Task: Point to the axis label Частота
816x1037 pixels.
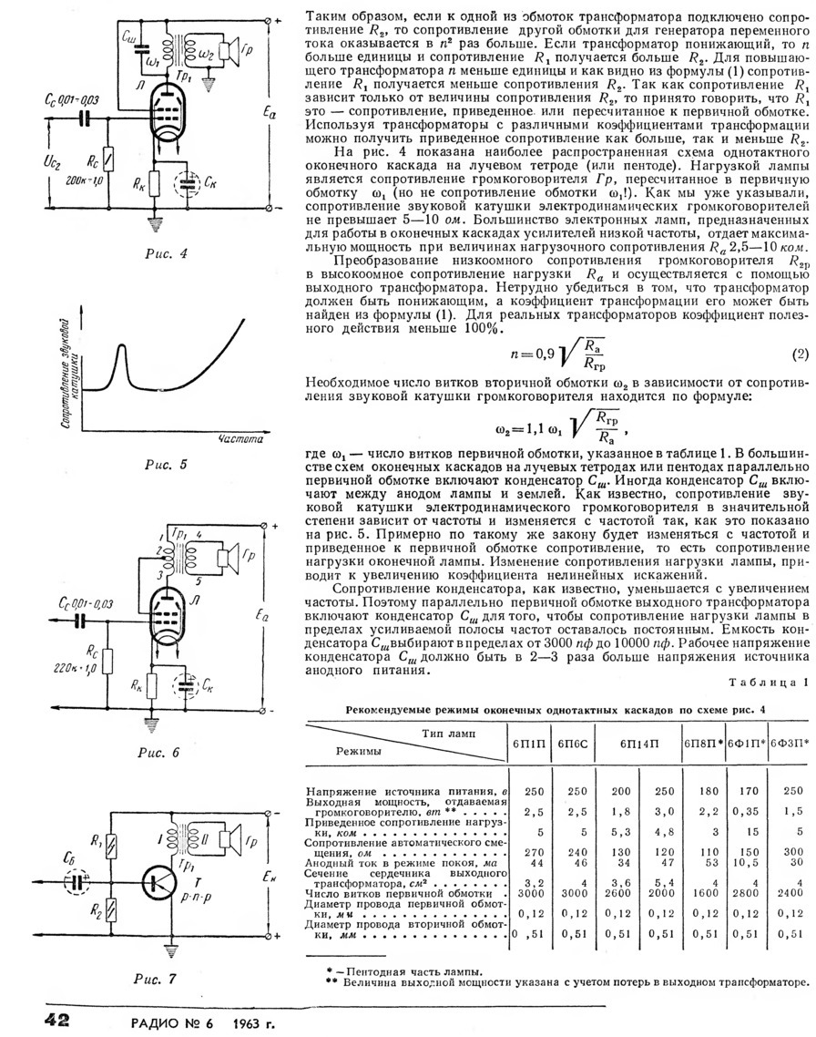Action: pyautogui.click(x=240, y=439)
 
